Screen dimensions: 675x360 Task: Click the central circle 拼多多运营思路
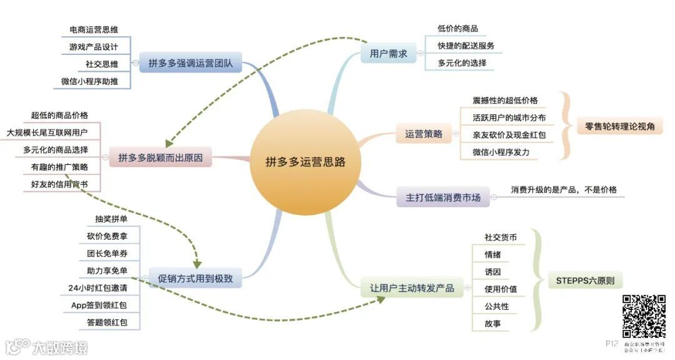tap(305, 162)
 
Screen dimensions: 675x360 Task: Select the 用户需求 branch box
tap(388, 54)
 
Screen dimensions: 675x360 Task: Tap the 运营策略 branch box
tap(423, 134)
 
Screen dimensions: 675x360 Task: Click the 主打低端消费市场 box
tap(443, 197)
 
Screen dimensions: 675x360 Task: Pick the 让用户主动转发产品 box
tap(412, 288)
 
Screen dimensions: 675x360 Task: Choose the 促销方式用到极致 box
tap(194, 278)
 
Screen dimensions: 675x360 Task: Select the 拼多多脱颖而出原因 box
tap(161, 157)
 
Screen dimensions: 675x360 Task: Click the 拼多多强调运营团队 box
tap(190, 63)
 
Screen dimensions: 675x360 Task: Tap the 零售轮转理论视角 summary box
tap(619, 126)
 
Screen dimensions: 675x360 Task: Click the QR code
tap(644, 316)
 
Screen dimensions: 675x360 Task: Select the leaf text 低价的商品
tap(457, 29)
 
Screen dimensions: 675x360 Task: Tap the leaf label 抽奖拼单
tap(111, 219)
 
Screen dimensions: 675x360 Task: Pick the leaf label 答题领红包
tap(107, 322)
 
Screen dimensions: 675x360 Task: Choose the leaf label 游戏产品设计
tap(93, 46)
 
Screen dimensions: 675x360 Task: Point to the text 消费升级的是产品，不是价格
tap(559, 190)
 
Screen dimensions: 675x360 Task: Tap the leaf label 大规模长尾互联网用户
tap(47, 132)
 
